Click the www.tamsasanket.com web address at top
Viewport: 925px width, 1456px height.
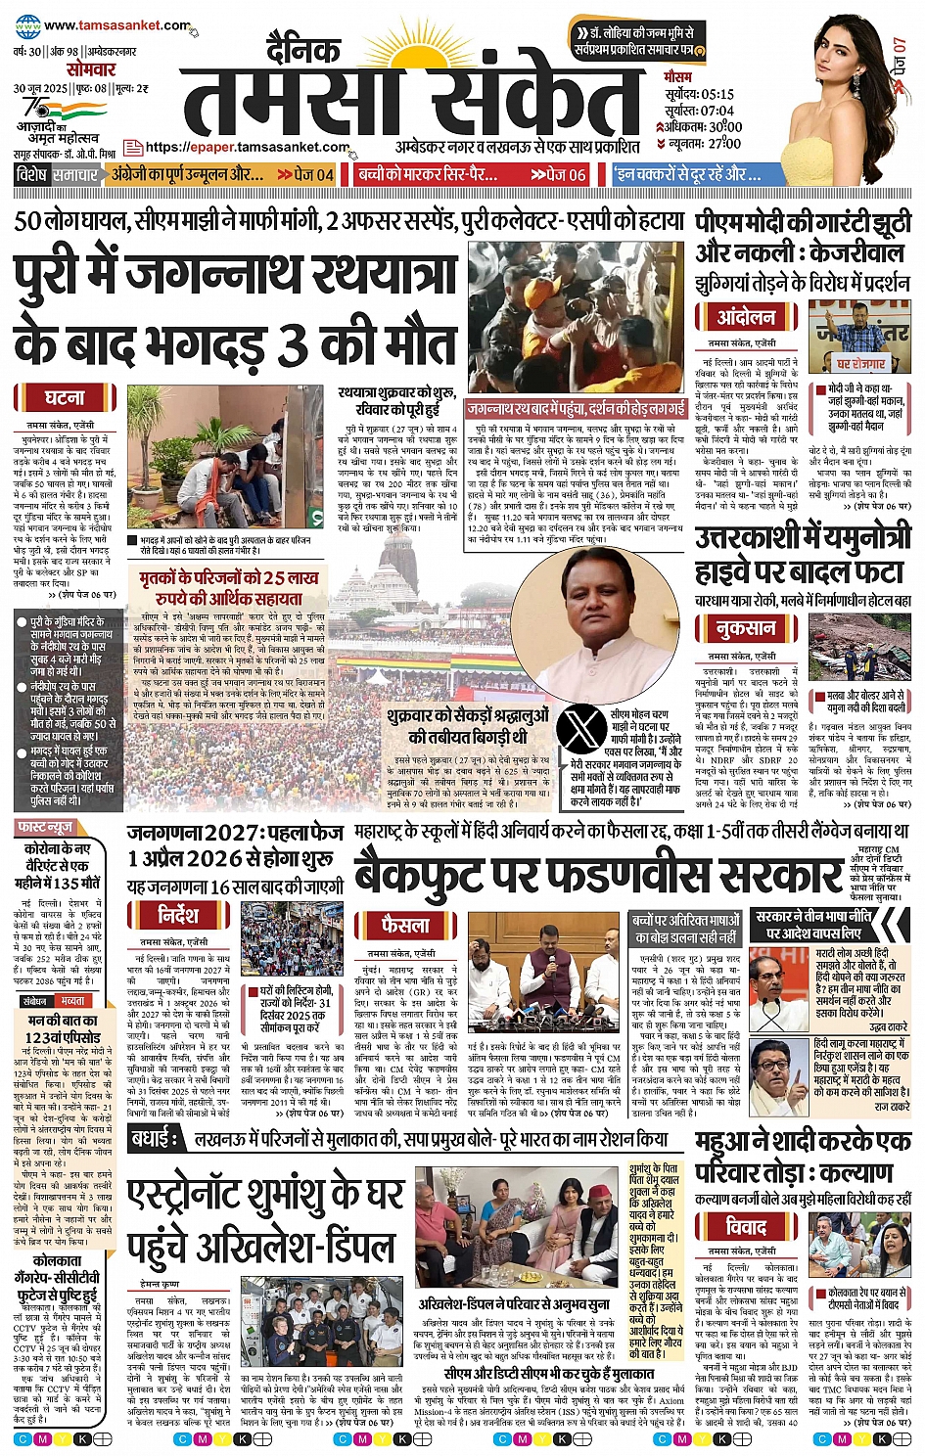116,25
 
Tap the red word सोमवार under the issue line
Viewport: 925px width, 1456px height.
91,69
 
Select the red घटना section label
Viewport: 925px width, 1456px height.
65,398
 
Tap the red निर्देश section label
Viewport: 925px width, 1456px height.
179,915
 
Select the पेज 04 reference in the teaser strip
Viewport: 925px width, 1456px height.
311,174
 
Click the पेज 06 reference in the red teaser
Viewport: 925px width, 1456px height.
564,174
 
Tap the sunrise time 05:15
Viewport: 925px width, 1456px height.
717,94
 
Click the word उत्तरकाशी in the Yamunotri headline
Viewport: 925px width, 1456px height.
749,539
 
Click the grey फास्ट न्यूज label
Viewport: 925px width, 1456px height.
45,828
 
